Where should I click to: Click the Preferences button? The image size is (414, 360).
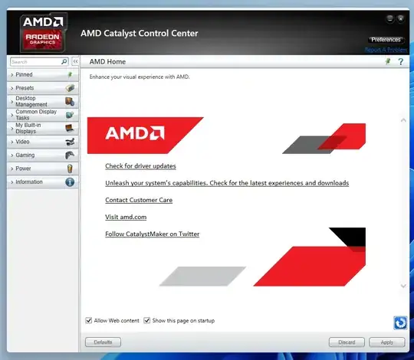pos(386,39)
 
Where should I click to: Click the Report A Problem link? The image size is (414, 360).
pos(386,50)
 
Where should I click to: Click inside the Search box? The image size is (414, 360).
pos(34,61)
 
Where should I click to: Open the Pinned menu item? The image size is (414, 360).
pos(41,75)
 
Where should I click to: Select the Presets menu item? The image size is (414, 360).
pos(41,88)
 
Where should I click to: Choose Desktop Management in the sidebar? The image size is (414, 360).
pos(41,101)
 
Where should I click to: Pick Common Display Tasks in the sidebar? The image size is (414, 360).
pos(41,115)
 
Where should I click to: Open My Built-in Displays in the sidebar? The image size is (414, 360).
pos(41,128)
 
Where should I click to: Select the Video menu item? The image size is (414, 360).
pos(41,142)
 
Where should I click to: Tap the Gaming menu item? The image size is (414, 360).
pos(41,155)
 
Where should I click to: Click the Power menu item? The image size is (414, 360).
pos(41,169)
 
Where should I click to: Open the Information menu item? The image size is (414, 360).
pos(41,182)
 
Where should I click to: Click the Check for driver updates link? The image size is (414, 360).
pos(140,166)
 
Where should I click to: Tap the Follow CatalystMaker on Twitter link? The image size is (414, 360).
pos(152,234)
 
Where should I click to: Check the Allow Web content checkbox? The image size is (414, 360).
pos(89,320)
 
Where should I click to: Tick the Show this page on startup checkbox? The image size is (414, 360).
pos(146,320)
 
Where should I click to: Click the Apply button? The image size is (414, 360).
pos(386,342)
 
